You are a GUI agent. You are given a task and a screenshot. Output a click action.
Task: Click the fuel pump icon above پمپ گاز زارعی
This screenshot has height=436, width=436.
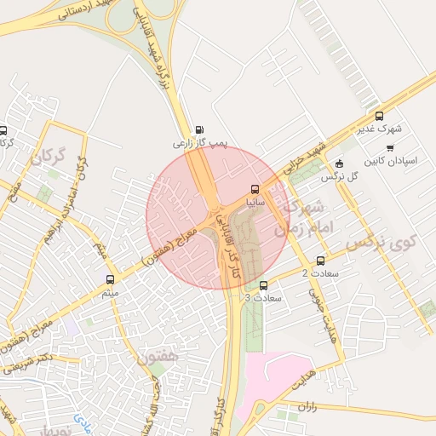tap(199, 129)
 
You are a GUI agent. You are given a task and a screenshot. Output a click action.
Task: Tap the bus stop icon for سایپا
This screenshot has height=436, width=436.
tap(255, 189)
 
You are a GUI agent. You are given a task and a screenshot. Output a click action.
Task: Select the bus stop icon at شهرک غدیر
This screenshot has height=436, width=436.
tap(378, 116)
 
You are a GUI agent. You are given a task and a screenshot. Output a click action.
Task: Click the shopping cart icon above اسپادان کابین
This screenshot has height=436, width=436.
tap(389, 147)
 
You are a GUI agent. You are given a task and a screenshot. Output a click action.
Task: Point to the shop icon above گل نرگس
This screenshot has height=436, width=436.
tap(340, 163)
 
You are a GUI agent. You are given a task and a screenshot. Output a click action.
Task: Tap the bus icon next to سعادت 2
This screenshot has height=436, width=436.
tap(320, 261)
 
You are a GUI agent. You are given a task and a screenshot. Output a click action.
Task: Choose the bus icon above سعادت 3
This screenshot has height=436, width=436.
tap(263, 285)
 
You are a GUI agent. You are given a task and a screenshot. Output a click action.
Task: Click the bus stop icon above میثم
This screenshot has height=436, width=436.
tap(110, 278)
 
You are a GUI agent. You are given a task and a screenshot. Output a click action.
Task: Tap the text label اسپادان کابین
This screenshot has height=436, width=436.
tap(392, 161)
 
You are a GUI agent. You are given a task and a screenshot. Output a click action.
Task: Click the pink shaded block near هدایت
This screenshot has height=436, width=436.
tap(264, 383)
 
